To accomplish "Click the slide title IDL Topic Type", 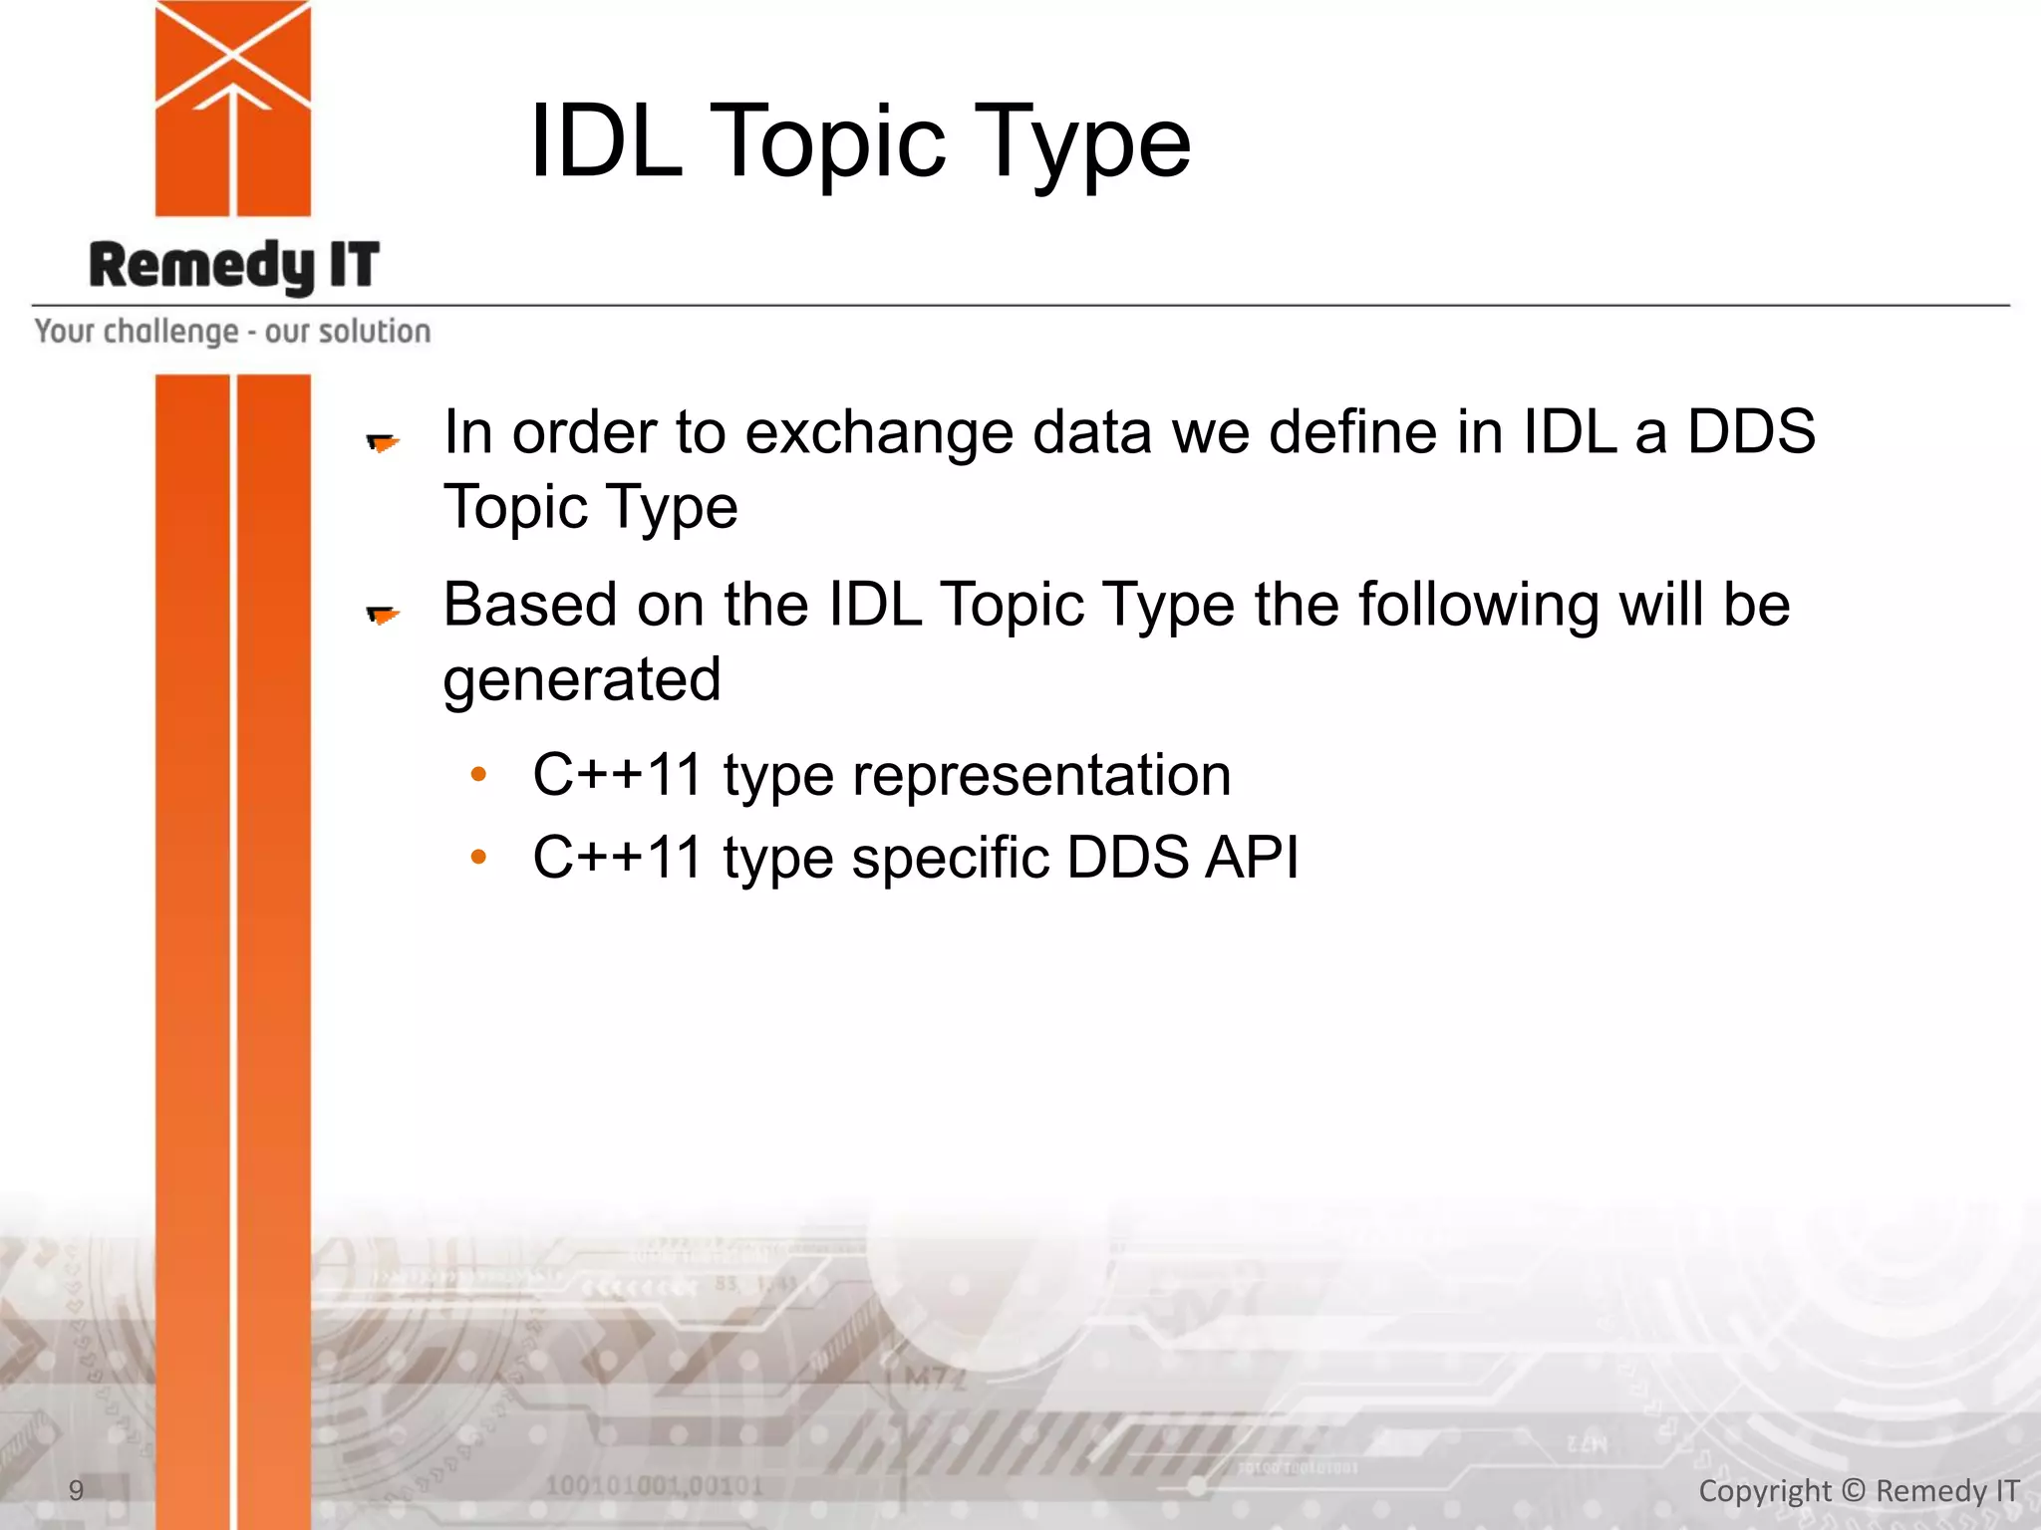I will (x=859, y=141).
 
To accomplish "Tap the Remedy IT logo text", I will (x=234, y=266).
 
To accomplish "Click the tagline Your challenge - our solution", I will (x=232, y=331).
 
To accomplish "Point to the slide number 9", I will (x=76, y=1490).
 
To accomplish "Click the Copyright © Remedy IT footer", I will (x=1859, y=1491).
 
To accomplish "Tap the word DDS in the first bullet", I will (x=1750, y=432).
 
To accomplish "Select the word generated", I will (x=582, y=680).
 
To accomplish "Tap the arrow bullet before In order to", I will (x=383, y=442).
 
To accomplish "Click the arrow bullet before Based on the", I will (x=383, y=615).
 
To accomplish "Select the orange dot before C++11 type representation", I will (x=478, y=774).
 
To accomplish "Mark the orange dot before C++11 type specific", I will (x=478, y=856).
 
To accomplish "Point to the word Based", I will (x=531, y=605).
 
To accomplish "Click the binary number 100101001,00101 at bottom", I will (x=654, y=1486).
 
